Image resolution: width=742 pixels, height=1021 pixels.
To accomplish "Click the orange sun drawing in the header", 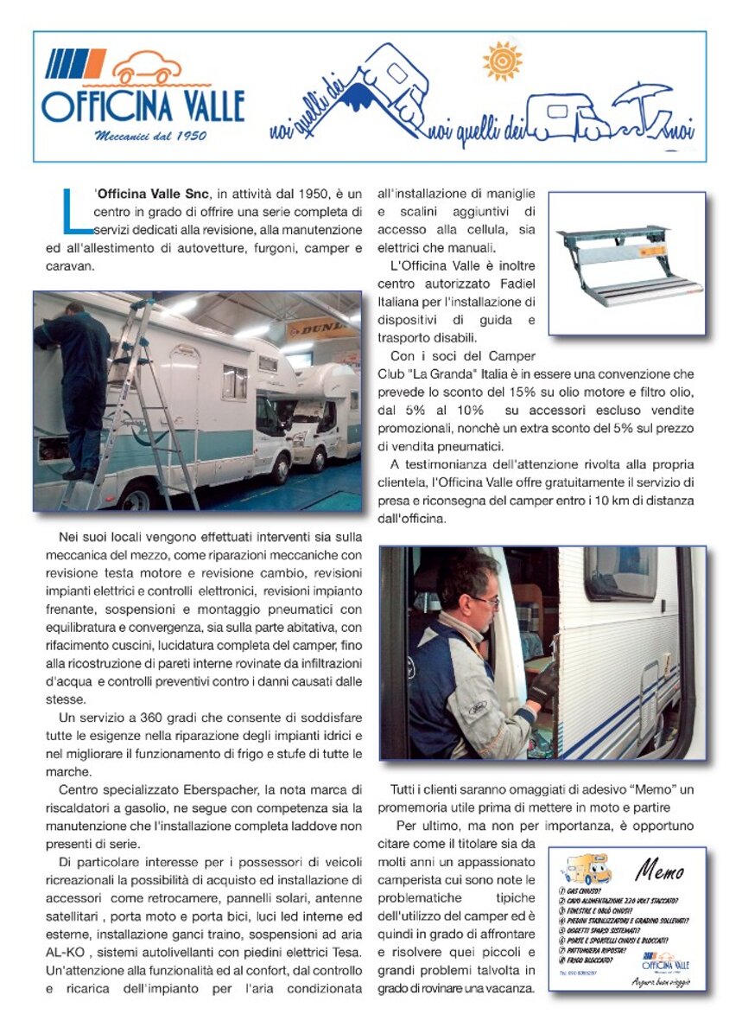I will click(x=503, y=61).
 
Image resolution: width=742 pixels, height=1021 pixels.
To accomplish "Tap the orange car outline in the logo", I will click(x=149, y=68).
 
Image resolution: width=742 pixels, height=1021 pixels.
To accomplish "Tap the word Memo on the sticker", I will click(x=659, y=871).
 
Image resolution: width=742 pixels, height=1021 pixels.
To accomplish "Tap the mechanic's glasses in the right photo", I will click(x=485, y=600).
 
